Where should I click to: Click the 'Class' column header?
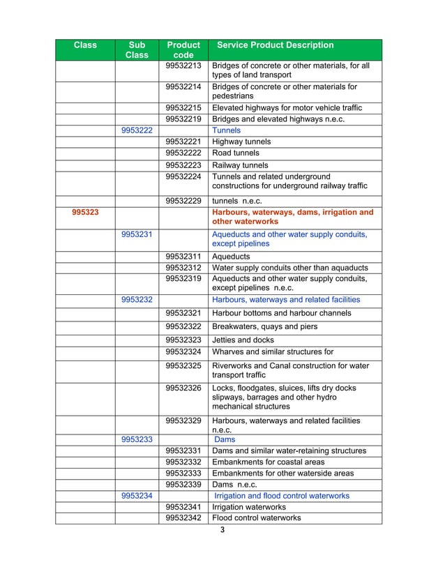coord(85,45)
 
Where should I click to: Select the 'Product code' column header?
coord(184,50)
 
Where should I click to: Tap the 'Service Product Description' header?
coord(276,45)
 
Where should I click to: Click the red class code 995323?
coord(86,212)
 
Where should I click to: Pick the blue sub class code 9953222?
coord(137,130)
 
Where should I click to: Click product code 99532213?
coord(184,66)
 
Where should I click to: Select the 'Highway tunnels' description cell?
coord(241,142)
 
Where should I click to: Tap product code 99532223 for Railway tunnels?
coord(184,165)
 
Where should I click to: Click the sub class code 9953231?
coord(137,234)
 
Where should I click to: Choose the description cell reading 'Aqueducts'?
coord(231,257)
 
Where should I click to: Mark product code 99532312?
coord(184,268)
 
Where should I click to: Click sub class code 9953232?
coord(137,299)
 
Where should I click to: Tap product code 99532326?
coord(184,388)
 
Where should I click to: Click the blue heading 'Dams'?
coord(225,440)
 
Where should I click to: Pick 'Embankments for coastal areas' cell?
coord(269,462)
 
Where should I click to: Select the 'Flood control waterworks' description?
coord(257,518)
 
